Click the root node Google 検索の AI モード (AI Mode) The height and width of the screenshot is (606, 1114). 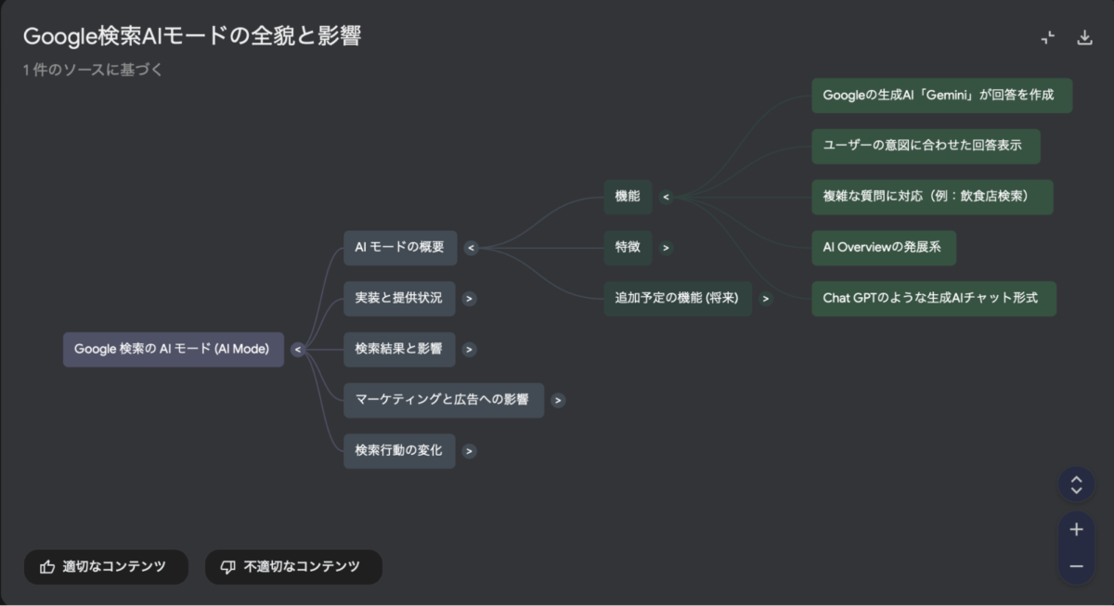coord(173,350)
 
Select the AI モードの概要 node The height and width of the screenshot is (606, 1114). coord(400,248)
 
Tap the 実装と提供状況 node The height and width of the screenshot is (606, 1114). coord(399,299)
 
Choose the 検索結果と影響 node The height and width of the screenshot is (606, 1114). coord(399,350)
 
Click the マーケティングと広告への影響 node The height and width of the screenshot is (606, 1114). coord(443,400)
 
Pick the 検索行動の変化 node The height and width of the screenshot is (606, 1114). coord(399,451)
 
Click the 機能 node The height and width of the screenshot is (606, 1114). coord(628,197)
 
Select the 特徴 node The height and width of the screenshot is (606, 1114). coord(628,248)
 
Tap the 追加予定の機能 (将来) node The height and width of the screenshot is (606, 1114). coord(677,299)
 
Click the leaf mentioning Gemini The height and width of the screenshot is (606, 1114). coord(941,96)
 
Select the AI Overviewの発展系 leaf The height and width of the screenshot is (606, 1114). coord(884,248)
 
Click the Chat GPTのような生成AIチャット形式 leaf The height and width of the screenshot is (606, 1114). coord(933,299)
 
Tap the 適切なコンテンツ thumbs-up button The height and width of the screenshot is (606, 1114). coord(106,566)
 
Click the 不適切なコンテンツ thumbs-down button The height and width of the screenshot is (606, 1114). coord(293,566)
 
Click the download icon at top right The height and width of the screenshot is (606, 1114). coord(1084,38)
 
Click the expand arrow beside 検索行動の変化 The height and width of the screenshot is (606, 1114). coord(470,451)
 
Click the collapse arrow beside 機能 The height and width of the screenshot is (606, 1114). coord(666,197)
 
